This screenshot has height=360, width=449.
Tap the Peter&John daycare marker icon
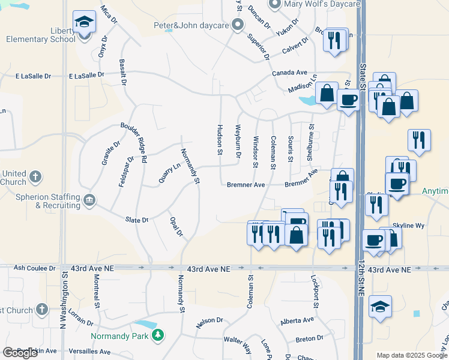pyautogui.click(x=238, y=25)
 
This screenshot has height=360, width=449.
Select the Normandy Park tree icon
pyautogui.click(x=158, y=335)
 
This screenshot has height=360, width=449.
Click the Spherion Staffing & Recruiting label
pyautogui.click(x=41, y=201)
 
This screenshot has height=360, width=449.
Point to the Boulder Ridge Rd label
pyautogui.click(x=134, y=143)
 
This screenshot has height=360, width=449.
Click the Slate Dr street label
pyautogui.click(x=137, y=220)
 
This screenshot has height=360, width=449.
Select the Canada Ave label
pyautogui.click(x=286, y=73)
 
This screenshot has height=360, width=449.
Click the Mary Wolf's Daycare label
pyautogui.click(x=322, y=5)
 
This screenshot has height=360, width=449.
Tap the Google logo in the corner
pyautogui.click(x=20, y=353)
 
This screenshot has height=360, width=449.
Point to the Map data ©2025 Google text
pyautogui.click(x=412, y=356)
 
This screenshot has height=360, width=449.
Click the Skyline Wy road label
pyautogui.click(x=408, y=226)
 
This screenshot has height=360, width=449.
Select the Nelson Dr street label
pyautogui.click(x=209, y=323)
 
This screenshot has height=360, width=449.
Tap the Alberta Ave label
pyautogui.click(x=297, y=322)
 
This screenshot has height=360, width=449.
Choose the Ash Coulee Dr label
pyautogui.click(x=34, y=268)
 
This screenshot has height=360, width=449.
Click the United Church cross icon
pyautogui.click(x=36, y=176)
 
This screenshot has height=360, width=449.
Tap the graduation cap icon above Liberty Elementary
pyautogui.click(x=85, y=22)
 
